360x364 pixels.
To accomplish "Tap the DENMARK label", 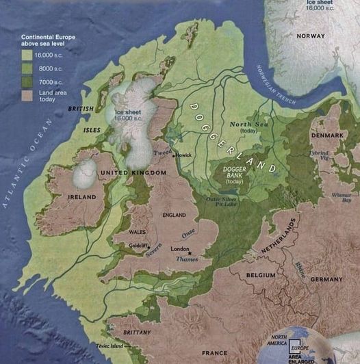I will click(329, 135).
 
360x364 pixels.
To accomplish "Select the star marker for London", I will click(190, 252).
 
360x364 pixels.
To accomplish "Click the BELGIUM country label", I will click(260, 275).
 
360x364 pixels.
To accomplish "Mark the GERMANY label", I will click(326, 280).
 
